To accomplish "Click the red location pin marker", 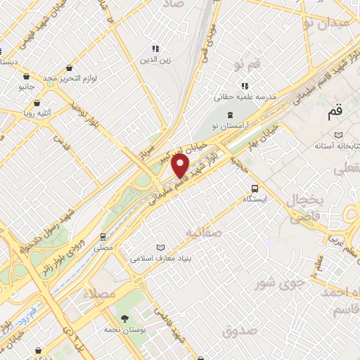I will click(181, 166).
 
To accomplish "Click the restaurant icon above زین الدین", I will click(156, 49).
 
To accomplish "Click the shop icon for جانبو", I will click(27, 77).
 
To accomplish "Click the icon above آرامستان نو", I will click(229, 113).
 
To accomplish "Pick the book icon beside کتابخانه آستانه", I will click(340, 134).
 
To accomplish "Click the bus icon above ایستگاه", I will click(255, 188).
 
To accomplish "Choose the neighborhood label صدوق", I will click(236, 330).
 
